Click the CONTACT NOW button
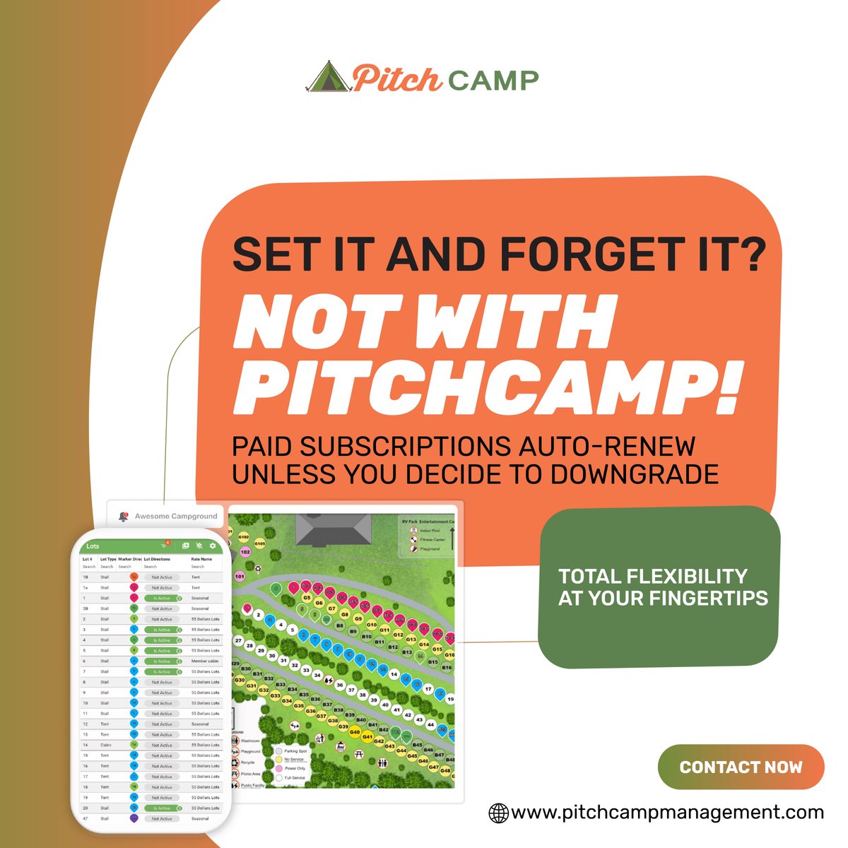point(741,767)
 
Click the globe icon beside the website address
point(499,813)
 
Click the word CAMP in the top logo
point(493,80)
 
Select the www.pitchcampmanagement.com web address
point(667,813)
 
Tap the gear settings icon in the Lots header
point(213,546)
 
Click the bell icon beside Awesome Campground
point(124,517)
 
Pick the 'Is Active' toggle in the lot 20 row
point(163,808)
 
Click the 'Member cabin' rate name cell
point(205,661)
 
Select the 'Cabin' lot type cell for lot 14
point(105,746)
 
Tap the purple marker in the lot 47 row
point(134,818)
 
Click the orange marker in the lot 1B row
point(134,577)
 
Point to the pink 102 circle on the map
point(245,552)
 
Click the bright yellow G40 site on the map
point(355,731)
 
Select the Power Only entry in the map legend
point(294,768)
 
